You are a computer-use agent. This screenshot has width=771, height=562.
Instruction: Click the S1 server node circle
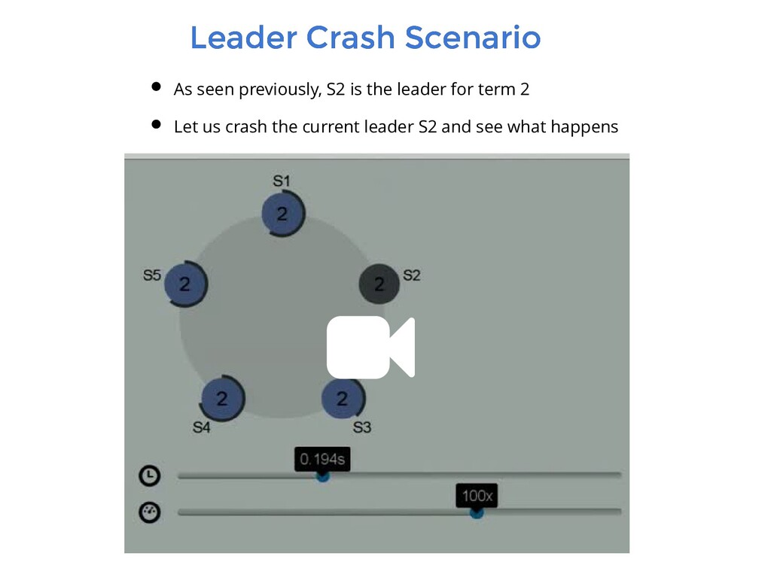[282, 214]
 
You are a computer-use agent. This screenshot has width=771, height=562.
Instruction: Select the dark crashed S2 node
[379, 284]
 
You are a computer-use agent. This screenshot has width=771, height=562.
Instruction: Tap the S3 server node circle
[343, 398]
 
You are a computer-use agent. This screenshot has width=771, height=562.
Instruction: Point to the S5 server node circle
[184, 284]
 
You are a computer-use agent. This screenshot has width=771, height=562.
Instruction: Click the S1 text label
[281, 181]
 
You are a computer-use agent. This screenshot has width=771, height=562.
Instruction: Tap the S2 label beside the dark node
[411, 275]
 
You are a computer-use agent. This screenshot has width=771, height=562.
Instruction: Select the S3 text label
[362, 428]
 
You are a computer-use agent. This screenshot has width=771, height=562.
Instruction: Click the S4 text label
[202, 427]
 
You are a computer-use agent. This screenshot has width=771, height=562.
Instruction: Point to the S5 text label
[152, 275]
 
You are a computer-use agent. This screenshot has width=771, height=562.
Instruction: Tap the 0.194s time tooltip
[323, 458]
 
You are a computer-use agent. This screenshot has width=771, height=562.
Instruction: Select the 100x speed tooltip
[477, 497]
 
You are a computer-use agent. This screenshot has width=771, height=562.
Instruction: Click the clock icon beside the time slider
[150, 475]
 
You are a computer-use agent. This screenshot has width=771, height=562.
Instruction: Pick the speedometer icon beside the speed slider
[150, 512]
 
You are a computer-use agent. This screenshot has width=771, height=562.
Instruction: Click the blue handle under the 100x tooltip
[477, 512]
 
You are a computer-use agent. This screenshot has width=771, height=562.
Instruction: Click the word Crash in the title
[351, 38]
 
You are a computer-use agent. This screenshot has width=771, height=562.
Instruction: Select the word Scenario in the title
[473, 38]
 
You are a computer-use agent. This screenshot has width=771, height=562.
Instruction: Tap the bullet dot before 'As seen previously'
[155, 87]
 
